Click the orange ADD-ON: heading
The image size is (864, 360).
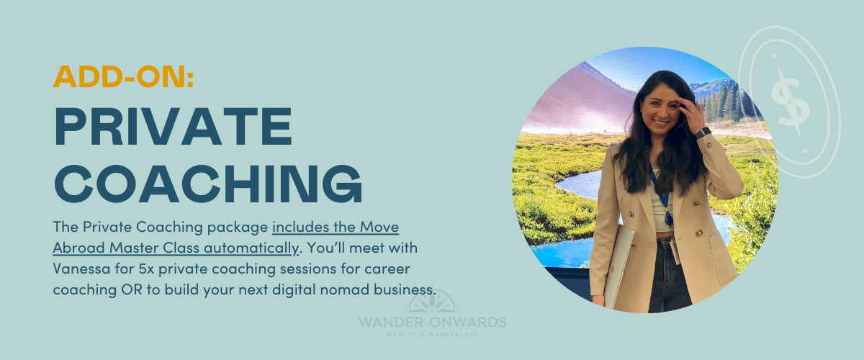(123, 76)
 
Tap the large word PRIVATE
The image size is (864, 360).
(174, 126)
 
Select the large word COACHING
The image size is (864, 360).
(208, 184)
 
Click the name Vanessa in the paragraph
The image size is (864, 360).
(81, 268)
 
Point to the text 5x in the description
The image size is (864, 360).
(146, 269)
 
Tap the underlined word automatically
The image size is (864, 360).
(251, 248)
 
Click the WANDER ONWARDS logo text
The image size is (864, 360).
(432, 322)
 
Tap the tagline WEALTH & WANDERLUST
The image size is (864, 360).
(432, 335)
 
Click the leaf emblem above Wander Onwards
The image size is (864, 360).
(432, 302)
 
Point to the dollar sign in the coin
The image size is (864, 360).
(790, 101)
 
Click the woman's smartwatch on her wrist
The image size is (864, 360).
(703, 132)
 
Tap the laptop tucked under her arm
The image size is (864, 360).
(618, 266)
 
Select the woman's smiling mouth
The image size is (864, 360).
(661, 122)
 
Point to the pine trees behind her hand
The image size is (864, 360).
(722, 102)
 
